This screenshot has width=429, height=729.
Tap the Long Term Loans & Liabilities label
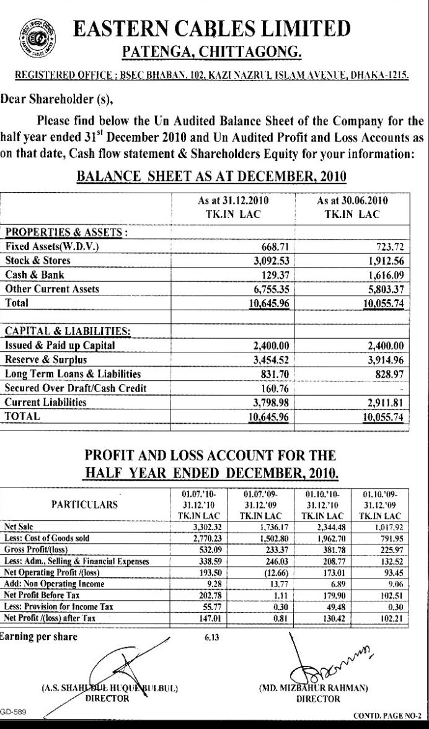click(73, 374)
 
